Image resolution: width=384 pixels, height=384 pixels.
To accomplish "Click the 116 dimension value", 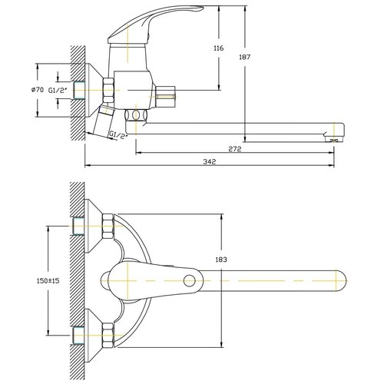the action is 219,48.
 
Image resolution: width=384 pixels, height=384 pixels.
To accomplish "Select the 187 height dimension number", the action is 245,57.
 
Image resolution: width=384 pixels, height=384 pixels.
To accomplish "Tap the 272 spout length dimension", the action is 235,149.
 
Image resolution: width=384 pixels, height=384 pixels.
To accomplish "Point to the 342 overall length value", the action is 210,162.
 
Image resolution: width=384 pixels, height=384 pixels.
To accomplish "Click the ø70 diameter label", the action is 38,90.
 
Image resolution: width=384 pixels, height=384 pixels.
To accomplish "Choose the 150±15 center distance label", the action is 48,280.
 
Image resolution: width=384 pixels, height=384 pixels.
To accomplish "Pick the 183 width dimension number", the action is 221,260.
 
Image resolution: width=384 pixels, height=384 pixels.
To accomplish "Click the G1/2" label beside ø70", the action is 58,90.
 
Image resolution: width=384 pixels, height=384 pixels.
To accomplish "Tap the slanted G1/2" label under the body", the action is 118,135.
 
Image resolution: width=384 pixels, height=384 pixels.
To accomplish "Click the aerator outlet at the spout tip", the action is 334,139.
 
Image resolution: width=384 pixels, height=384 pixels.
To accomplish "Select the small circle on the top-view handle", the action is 190,281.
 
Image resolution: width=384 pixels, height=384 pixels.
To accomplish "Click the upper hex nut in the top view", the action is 108,227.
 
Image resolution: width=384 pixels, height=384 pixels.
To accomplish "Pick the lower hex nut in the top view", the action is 108,335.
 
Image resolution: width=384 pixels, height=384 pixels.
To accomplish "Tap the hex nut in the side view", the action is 108,90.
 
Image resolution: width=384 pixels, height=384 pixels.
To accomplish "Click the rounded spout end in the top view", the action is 341,281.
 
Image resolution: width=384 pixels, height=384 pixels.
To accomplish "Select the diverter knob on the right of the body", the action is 165,97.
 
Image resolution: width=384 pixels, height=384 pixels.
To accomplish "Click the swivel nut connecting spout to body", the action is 136,114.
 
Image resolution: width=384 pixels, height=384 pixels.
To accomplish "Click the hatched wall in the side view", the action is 78,93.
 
